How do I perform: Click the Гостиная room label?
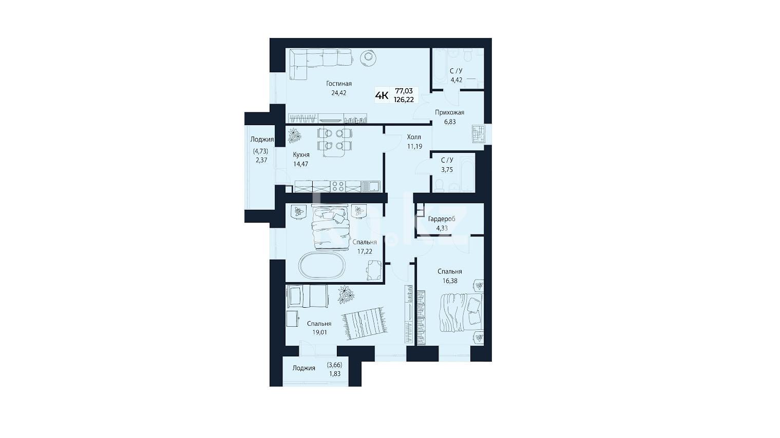pyautogui.click(x=339, y=84)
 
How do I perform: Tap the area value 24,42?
pyautogui.click(x=339, y=93)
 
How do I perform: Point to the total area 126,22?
pyautogui.click(x=404, y=99)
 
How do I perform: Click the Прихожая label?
pyautogui.click(x=449, y=113)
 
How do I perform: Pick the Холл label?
pyautogui.click(x=414, y=137)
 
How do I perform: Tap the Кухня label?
pyautogui.click(x=301, y=155)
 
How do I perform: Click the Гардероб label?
pyautogui.click(x=442, y=219)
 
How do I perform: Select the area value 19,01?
pyautogui.click(x=319, y=332)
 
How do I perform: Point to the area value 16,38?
pyautogui.click(x=450, y=281)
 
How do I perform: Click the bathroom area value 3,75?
pyautogui.click(x=447, y=170)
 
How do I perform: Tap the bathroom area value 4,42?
pyautogui.click(x=456, y=80)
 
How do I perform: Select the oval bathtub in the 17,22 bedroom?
pyautogui.click(x=322, y=265)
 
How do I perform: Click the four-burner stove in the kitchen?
pyautogui.click(x=338, y=187)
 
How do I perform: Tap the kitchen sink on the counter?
pyautogui.click(x=371, y=187)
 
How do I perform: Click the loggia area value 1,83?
pyautogui.click(x=335, y=374)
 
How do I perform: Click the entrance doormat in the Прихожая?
pyautogui.click(x=479, y=133)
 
